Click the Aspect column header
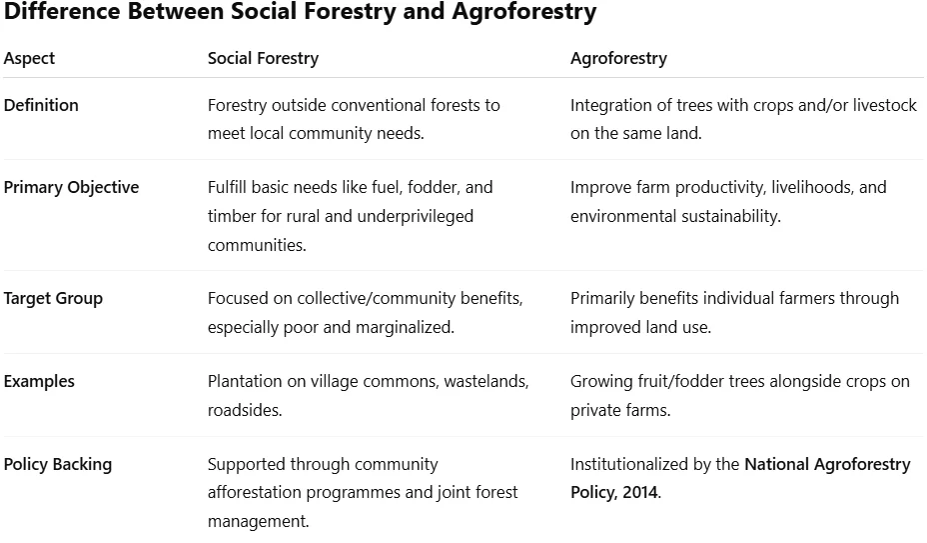[x=29, y=58]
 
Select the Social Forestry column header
[x=263, y=58]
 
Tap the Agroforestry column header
[x=618, y=58]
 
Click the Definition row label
[x=41, y=105]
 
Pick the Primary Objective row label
[x=72, y=187]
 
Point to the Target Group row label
[x=53, y=298]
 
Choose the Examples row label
[x=39, y=381]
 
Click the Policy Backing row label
[x=58, y=464]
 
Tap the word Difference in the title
[x=62, y=11]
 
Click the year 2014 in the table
[x=639, y=492]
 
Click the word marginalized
[x=405, y=327]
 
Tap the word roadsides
[x=244, y=410]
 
